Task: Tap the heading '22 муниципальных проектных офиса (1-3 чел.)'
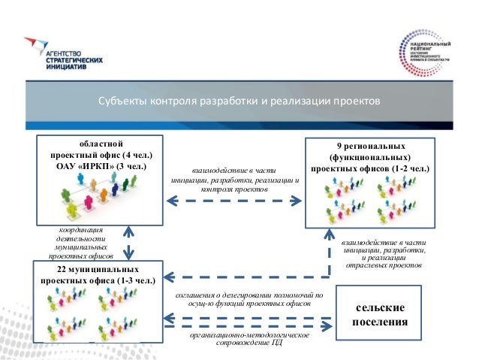pos(98,275)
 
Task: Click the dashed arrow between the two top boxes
pos(233,201)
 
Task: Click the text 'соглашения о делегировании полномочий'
pos(248,295)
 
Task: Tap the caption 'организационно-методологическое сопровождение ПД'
pos(249,339)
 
